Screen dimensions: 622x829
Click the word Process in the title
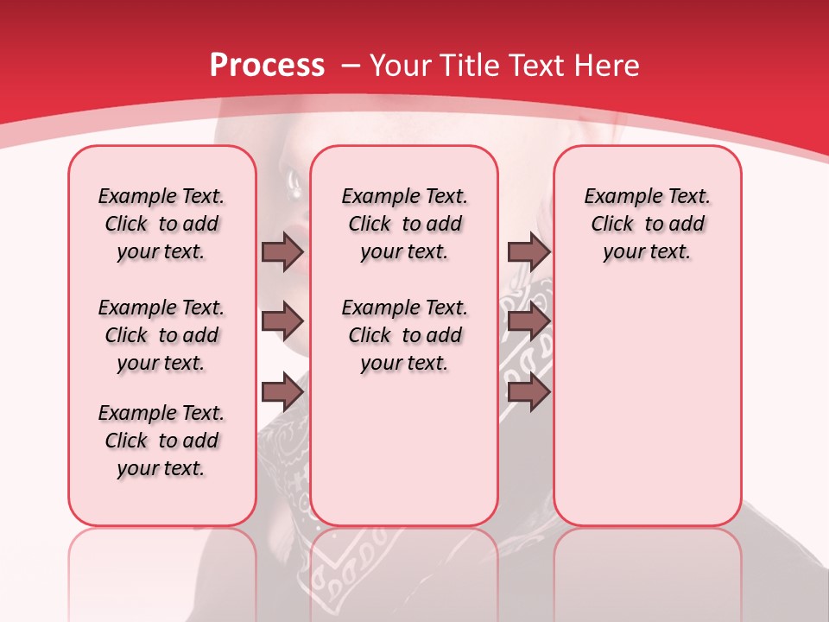(x=267, y=65)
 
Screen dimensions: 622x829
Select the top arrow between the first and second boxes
(x=282, y=252)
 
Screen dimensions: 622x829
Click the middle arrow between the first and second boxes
(x=282, y=322)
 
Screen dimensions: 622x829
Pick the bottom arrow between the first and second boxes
(x=282, y=392)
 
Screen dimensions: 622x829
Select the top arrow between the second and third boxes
(x=528, y=252)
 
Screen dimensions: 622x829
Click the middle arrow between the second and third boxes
(x=528, y=322)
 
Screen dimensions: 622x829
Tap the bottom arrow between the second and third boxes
(x=528, y=392)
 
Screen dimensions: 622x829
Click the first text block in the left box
(x=161, y=224)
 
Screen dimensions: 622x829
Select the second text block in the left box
(x=161, y=335)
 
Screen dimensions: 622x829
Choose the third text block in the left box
(x=161, y=441)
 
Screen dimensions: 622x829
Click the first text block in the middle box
(x=404, y=224)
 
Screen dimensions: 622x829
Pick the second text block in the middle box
(x=404, y=335)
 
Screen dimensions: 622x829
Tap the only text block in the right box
(x=648, y=224)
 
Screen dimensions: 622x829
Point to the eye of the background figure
(x=293, y=181)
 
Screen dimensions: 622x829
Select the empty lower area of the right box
(x=648, y=415)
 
